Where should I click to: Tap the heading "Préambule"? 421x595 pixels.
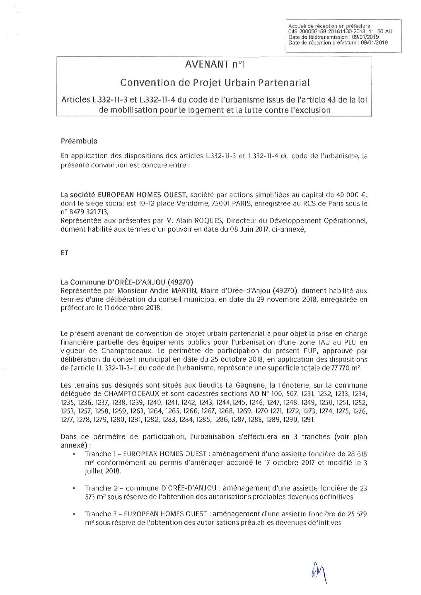79,141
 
